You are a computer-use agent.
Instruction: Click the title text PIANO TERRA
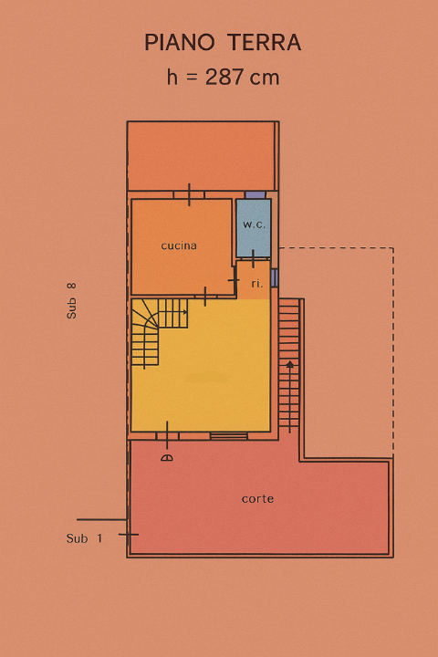(223, 43)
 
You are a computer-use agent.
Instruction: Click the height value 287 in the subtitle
(226, 78)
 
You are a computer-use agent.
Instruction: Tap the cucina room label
(179, 245)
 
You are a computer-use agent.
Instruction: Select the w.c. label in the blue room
(253, 224)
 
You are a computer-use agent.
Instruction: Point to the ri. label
(257, 284)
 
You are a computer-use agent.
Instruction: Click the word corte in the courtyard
(257, 499)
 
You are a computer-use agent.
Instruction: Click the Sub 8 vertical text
(72, 300)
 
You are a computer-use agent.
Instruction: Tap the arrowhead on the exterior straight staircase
(289, 365)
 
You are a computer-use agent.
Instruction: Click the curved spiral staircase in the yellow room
(150, 334)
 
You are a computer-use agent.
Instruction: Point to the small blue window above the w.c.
(255, 195)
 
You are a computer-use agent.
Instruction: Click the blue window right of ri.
(274, 277)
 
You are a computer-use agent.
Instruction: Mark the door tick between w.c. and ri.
(253, 259)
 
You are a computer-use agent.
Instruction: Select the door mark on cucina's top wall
(189, 194)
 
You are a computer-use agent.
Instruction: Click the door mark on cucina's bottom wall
(205, 296)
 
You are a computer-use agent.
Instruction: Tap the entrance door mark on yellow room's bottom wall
(167, 434)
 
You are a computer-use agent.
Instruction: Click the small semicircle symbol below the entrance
(166, 457)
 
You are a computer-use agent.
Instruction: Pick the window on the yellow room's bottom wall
(228, 436)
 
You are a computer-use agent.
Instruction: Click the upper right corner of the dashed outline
(393, 248)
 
